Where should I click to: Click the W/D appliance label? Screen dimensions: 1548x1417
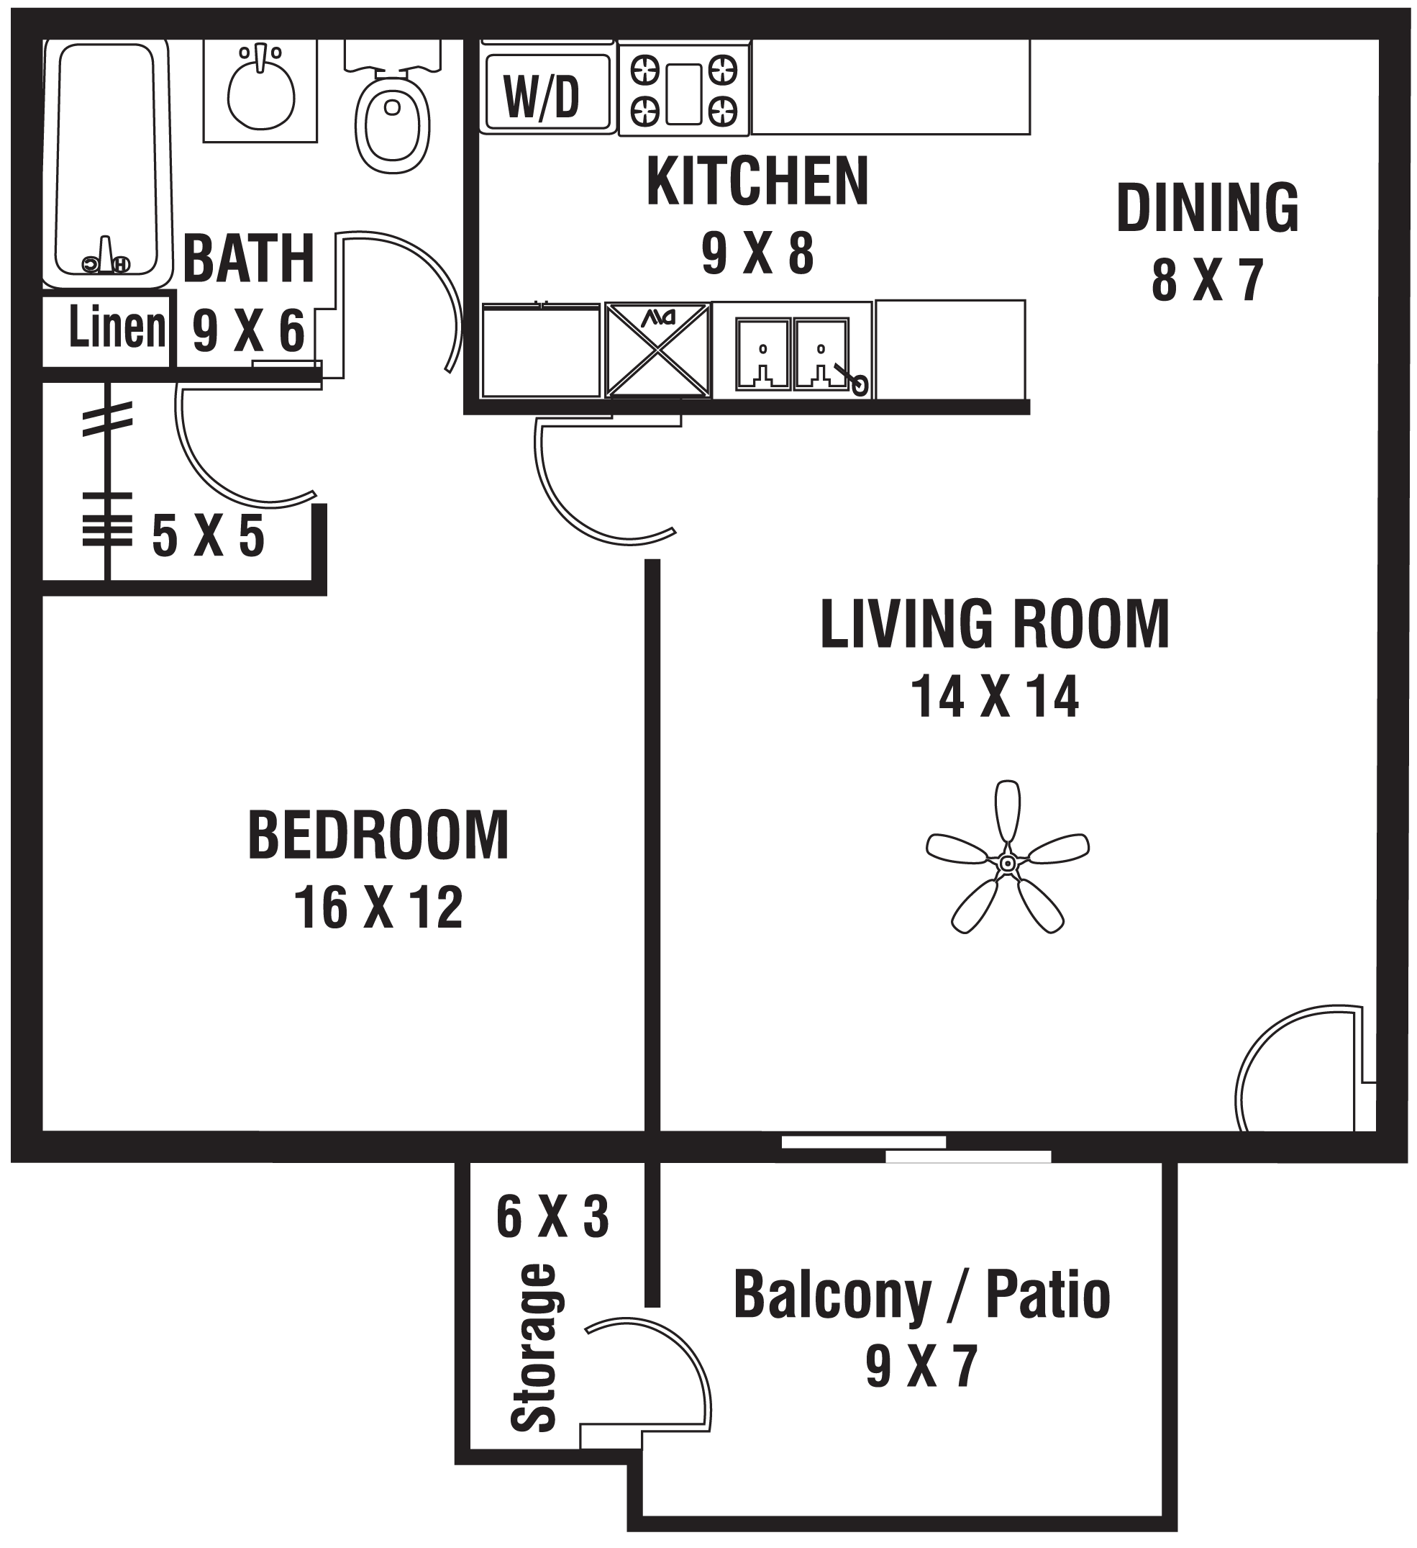point(542,98)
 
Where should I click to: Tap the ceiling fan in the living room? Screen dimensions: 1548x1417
point(1007,864)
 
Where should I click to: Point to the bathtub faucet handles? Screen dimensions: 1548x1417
point(106,259)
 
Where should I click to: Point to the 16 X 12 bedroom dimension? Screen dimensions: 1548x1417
point(378,908)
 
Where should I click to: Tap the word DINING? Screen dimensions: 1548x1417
point(1207,208)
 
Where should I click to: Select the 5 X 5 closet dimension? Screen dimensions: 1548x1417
point(208,536)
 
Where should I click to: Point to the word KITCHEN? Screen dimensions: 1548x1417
point(757,182)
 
